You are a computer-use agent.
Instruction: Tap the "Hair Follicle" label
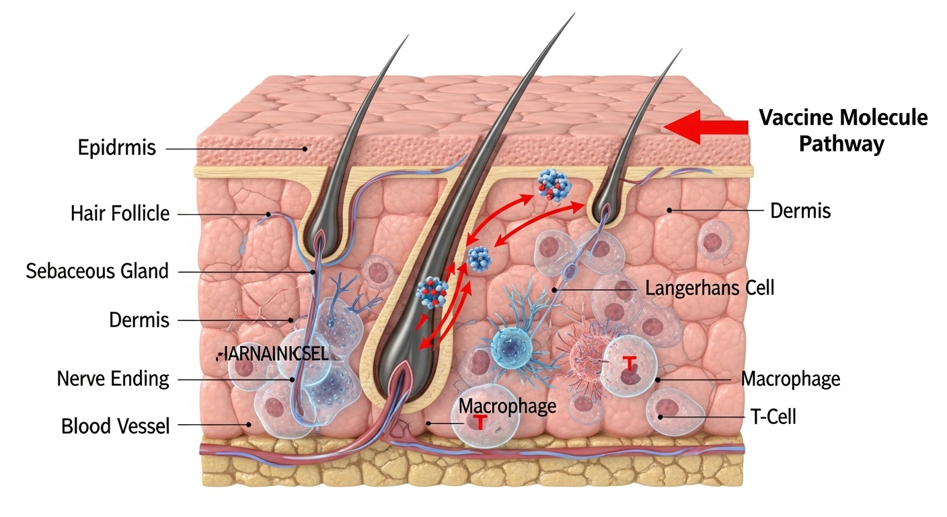click(x=120, y=215)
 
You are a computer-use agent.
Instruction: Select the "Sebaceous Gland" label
click(x=97, y=271)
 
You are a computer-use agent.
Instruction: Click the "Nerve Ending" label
click(x=112, y=378)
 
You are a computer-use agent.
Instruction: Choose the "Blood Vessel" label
click(x=115, y=426)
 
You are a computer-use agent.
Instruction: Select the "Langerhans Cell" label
click(x=710, y=289)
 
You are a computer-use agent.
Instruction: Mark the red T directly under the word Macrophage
click(x=480, y=421)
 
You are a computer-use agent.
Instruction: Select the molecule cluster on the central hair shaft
click(x=432, y=294)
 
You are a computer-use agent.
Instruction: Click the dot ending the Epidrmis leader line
click(x=305, y=149)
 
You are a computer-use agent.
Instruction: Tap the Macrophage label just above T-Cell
click(x=790, y=379)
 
